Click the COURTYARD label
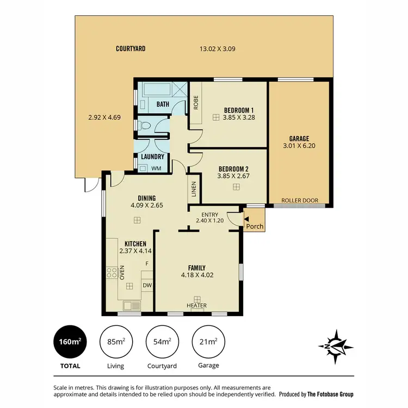131,49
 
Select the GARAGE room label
300,139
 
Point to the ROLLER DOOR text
300,200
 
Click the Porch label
255,226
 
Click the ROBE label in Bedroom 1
196,103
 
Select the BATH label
163,104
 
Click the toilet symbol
144,126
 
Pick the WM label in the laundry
156,168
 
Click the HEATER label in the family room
197,306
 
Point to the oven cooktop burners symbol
112,273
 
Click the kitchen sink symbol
131,306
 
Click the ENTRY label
209,214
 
